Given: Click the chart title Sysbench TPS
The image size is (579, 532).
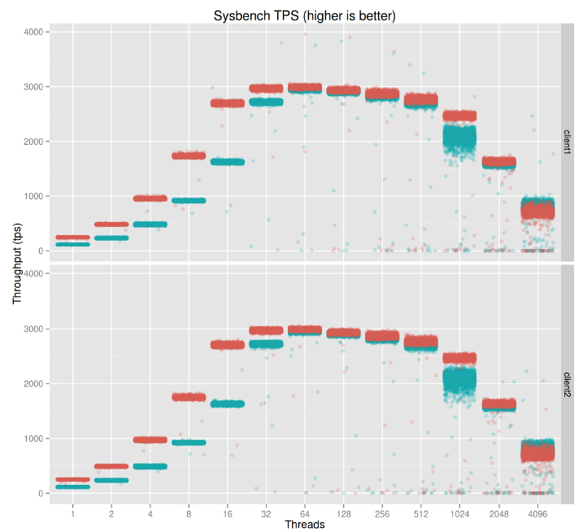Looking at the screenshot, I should pyautogui.click(x=304, y=16).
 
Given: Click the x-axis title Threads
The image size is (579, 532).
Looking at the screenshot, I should pyautogui.click(x=305, y=525).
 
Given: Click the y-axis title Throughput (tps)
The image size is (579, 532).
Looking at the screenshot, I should pyautogui.click(x=17, y=264).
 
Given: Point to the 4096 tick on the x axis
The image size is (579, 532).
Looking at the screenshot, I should pyautogui.click(x=537, y=514).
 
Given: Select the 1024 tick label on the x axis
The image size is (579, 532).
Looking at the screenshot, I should pyautogui.click(x=459, y=514).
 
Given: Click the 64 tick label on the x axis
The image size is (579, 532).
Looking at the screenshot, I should pyautogui.click(x=305, y=514).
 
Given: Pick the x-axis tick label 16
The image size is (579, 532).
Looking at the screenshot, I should pyautogui.click(x=228, y=514).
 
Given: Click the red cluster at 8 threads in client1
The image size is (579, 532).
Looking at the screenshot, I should pyautogui.click(x=189, y=155).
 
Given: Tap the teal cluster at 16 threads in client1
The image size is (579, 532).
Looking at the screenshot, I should pyautogui.click(x=228, y=162).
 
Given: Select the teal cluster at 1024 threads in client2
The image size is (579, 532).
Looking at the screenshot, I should pyautogui.click(x=459, y=381).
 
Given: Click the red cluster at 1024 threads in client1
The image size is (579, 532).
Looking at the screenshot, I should pyautogui.click(x=459, y=116).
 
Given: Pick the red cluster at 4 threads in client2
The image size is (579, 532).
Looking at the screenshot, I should pyautogui.click(x=150, y=440).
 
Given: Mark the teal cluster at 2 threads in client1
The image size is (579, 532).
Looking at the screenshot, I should pyautogui.click(x=111, y=238).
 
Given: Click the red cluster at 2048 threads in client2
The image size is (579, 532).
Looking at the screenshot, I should pyautogui.click(x=498, y=403).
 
